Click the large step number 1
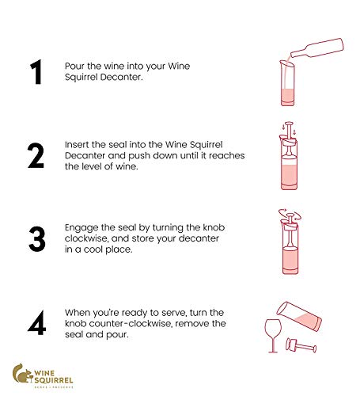36,72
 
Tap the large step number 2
36,155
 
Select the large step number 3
37,238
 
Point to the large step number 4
36,322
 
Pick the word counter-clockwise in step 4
130,324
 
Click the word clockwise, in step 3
87,238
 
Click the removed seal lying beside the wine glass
301,345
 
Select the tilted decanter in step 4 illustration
299,316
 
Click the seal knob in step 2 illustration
289,124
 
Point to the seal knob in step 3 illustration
290,215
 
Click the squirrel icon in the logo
22,373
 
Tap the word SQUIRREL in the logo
54,380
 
